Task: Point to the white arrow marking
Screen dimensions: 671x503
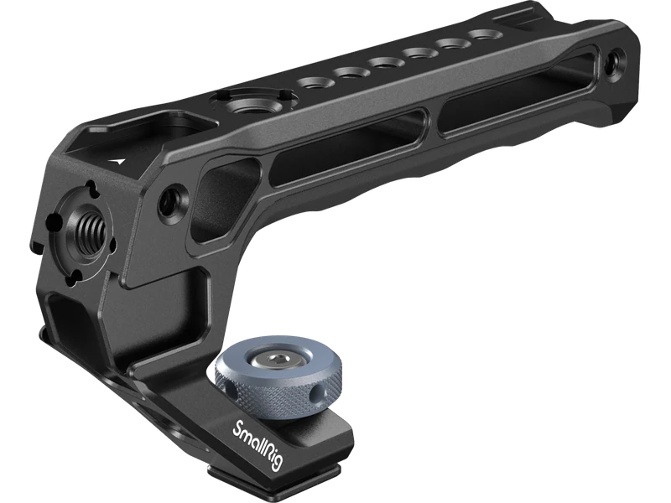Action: click(x=117, y=162)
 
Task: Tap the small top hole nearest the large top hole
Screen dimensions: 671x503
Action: click(x=314, y=80)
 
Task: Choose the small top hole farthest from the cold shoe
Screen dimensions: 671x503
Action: click(x=481, y=34)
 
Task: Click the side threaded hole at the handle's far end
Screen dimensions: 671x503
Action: click(x=615, y=60)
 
